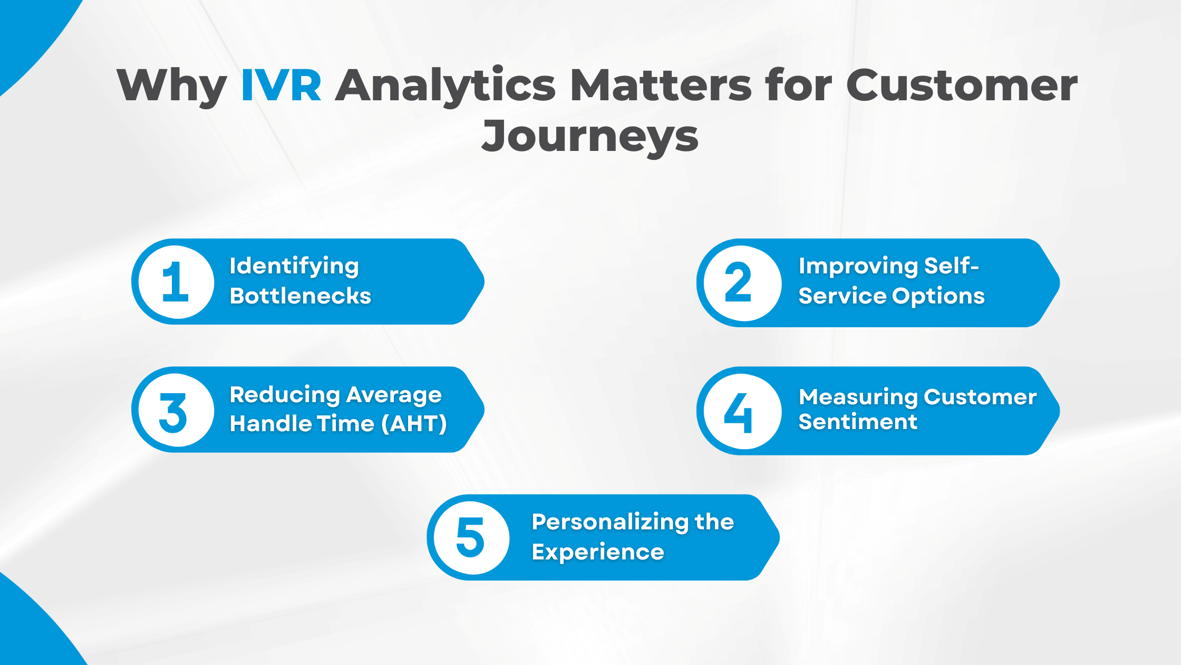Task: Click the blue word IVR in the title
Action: [281, 85]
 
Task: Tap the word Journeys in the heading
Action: [590, 136]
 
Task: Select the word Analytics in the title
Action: [446, 85]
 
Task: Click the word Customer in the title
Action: [962, 85]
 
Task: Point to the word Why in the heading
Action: [172, 85]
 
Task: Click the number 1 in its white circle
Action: [176, 282]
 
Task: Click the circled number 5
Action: [470, 538]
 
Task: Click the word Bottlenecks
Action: [301, 296]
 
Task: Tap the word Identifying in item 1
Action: [294, 267]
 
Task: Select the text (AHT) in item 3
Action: [414, 424]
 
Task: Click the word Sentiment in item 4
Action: [858, 422]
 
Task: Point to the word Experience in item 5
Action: [598, 553]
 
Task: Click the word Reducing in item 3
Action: [285, 395]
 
